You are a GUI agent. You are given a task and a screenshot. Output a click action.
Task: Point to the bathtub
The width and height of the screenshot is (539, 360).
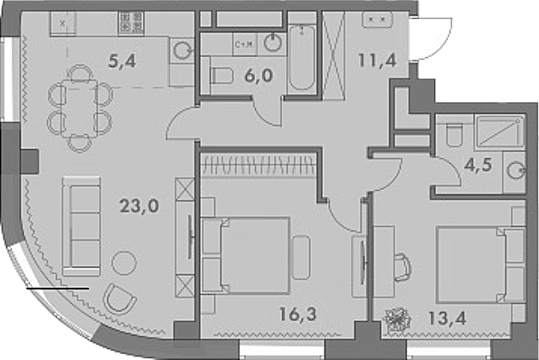[302, 58]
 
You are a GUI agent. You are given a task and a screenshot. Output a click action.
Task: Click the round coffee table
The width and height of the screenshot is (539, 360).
[124, 263]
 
